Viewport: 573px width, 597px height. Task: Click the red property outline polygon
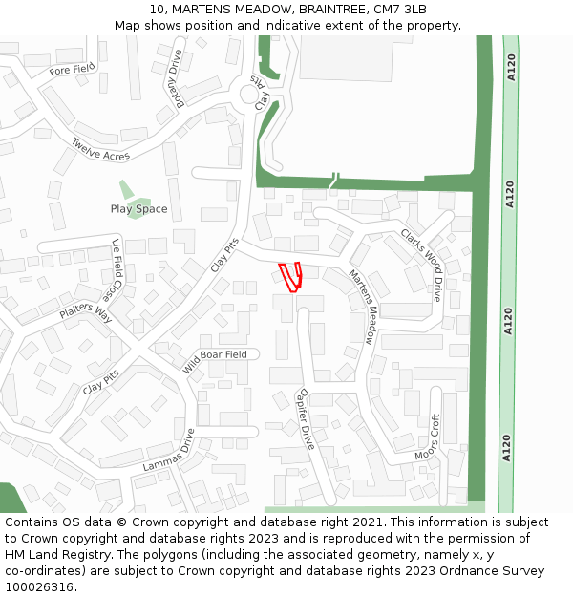click(290, 275)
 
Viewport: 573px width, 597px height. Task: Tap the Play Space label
click(138, 209)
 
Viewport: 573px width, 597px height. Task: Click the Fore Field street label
click(73, 70)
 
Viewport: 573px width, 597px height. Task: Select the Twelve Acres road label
click(100, 149)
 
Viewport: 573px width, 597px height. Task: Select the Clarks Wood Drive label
click(421, 264)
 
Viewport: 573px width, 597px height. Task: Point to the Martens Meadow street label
click(363, 306)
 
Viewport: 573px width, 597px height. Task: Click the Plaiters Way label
click(86, 311)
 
